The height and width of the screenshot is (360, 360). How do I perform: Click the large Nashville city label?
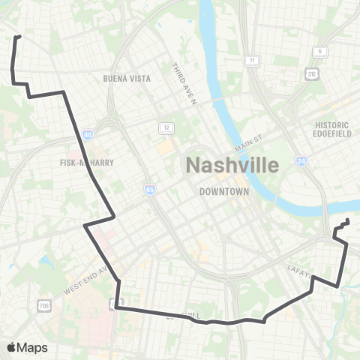[231, 164]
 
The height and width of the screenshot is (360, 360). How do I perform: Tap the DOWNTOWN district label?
[223, 191]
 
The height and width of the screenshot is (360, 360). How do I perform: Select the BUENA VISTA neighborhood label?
[127, 78]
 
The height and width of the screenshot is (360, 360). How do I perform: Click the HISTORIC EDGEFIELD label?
[332, 129]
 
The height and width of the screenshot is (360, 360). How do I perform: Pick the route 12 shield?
[163, 128]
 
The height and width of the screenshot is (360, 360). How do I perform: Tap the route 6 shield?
[321, 51]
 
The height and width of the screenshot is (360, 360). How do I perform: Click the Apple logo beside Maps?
[11, 347]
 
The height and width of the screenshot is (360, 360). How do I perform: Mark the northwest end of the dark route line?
[18, 36]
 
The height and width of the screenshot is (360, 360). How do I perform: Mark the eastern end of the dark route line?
[348, 220]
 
